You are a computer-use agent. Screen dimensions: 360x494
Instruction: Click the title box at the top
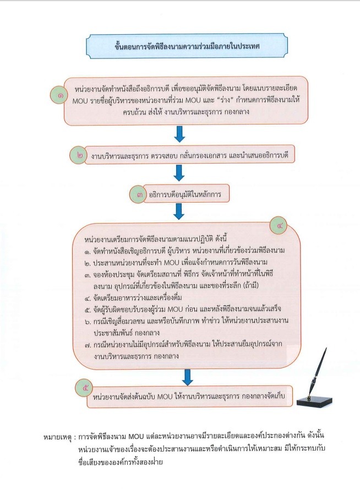click(187, 46)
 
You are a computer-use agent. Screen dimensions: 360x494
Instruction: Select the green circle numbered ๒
click(78, 155)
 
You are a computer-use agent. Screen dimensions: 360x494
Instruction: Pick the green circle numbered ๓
click(138, 194)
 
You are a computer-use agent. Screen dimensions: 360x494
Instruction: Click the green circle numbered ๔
click(279, 226)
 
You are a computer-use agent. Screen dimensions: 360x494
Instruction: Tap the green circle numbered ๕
click(84, 388)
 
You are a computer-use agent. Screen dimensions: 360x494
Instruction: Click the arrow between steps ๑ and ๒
click(179, 134)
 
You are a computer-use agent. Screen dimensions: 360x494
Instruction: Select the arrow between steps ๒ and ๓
click(179, 173)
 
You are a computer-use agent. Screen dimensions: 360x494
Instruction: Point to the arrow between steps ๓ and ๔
click(179, 211)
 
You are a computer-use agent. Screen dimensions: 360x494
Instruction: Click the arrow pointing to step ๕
click(187, 377)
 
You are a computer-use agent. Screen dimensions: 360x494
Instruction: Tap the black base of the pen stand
click(314, 401)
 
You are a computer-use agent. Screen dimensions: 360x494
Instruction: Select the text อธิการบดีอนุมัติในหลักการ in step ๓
click(185, 195)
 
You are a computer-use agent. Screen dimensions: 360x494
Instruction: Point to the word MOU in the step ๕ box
click(165, 397)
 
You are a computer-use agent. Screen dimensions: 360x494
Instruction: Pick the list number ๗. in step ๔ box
click(88, 345)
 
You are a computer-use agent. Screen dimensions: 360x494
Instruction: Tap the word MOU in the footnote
click(136, 436)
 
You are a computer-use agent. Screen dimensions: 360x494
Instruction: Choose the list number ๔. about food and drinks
click(88, 298)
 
